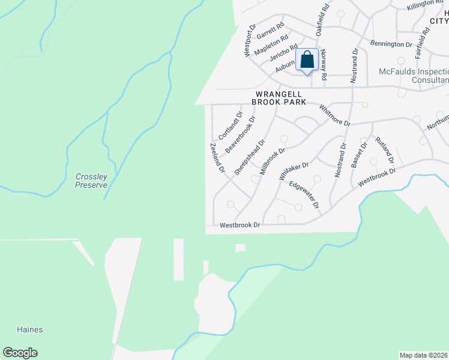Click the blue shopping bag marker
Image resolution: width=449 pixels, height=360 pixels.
point(307,60)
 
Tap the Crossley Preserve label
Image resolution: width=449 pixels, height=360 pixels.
point(91,181)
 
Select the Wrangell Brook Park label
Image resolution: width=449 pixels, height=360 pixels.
point(281,98)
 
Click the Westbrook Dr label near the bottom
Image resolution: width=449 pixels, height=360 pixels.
point(240,225)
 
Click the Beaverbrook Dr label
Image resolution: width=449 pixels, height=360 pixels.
point(240,133)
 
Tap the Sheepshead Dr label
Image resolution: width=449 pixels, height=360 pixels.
point(250,157)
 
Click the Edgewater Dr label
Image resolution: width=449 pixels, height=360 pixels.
point(305,195)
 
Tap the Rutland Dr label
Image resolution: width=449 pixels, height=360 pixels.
point(384,150)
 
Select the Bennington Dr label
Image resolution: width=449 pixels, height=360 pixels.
point(391,44)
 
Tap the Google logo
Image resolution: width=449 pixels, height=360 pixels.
point(20,352)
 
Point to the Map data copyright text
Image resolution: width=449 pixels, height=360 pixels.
point(423,355)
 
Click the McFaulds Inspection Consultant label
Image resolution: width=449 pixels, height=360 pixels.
point(414,76)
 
